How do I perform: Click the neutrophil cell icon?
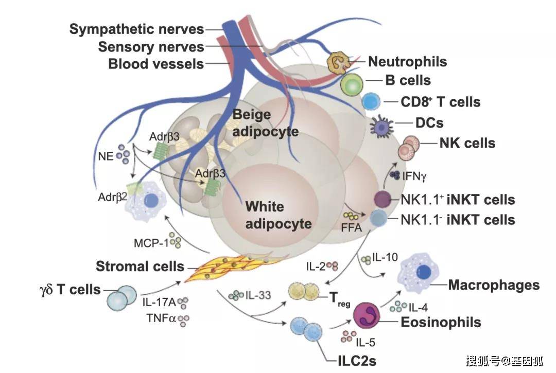[x=338, y=63]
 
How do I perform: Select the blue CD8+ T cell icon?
[x=371, y=102]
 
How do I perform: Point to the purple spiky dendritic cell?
[x=381, y=126]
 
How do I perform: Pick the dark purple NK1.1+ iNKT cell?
[x=383, y=199]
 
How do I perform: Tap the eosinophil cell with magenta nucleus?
[x=367, y=315]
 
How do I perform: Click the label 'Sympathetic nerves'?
[x=137, y=29]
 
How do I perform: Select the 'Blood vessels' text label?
[x=156, y=64]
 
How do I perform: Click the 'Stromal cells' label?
[x=140, y=267]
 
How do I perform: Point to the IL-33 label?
[x=258, y=295]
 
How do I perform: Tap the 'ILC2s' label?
[x=357, y=361]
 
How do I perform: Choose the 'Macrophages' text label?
[x=494, y=285]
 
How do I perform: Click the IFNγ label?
[x=414, y=176]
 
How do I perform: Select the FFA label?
[x=352, y=227]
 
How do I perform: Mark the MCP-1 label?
[x=151, y=243]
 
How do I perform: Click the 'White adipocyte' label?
[x=279, y=215]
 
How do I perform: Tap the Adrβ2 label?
[x=112, y=197]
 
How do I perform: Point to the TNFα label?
[x=161, y=318]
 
